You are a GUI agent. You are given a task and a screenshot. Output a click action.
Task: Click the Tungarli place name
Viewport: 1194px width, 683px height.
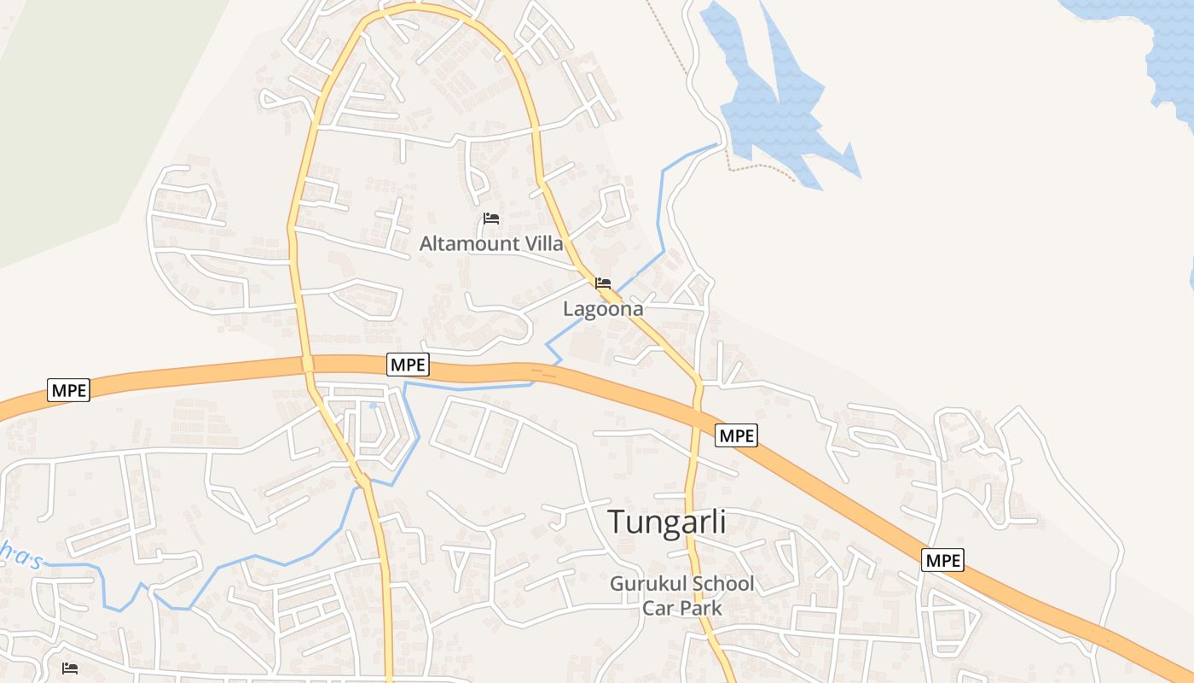point(667,522)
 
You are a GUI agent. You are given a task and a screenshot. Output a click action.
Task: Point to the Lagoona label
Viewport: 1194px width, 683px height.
point(603,309)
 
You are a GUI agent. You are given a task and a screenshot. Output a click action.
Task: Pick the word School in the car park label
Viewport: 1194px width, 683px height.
point(723,584)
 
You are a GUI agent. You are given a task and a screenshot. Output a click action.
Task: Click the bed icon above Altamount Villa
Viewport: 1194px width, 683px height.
point(490,219)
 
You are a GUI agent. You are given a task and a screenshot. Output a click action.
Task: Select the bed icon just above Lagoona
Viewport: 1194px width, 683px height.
point(603,283)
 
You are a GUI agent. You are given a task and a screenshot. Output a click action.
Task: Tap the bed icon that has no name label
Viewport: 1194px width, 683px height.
point(70,668)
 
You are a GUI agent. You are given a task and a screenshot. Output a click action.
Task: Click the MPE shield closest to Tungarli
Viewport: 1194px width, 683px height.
point(736,435)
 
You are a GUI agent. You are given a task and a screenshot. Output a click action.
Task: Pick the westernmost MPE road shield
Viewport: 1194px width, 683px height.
point(69,390)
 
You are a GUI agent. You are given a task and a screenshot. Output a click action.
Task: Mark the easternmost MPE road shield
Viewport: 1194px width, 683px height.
point(942,560)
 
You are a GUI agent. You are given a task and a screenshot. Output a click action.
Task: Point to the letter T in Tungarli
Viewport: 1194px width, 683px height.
point(617,522)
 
